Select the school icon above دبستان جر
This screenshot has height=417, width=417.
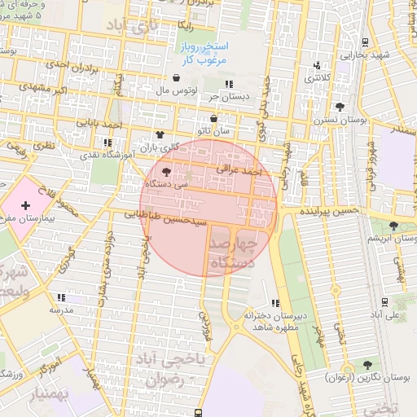[x=229, y=84]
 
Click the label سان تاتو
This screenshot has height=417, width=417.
[x=231, y=129]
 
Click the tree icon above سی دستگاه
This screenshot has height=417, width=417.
[x=167, y=172]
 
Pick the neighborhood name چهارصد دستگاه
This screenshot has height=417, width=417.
[x=233, y=253]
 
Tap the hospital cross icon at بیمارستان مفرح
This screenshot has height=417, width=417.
[x=24, y=207]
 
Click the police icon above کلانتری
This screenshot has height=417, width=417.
[x=317, y=66]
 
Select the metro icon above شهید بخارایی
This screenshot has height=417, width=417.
[x=366, y=42]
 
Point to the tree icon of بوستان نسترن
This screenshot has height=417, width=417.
[x=340, y=106]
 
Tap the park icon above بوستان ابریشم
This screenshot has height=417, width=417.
[x=394, y=226]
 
